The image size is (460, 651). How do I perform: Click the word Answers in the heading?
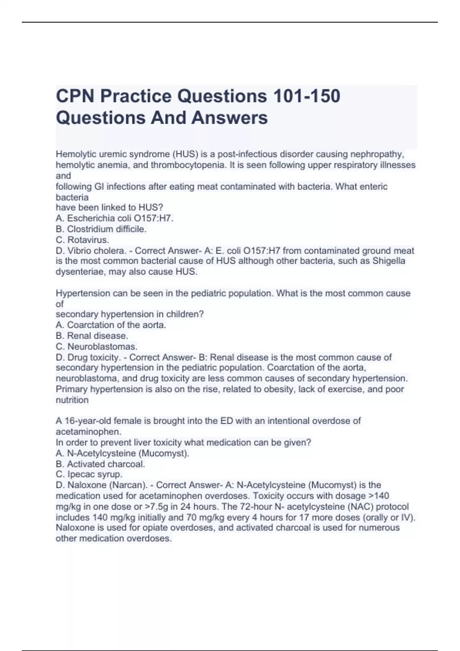click(229, 118)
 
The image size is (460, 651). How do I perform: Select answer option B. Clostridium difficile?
click(101, 229)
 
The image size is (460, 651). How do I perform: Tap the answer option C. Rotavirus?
click(82, 240)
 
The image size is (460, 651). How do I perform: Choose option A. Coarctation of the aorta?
click(111, 325)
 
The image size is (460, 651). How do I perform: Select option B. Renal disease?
click(92, 335)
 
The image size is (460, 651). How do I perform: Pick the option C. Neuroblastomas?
click(97, 346)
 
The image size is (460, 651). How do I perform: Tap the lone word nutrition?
click(72, 400)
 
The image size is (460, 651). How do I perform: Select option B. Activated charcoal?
click(100, 464)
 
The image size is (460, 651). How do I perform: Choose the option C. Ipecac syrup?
click(89, 474)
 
